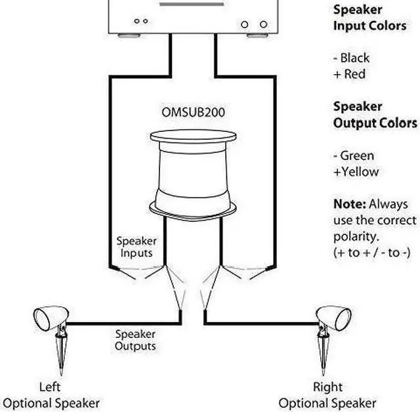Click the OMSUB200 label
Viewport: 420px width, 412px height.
tap(193, 112)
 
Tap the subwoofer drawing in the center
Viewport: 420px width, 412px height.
tap(193, 174)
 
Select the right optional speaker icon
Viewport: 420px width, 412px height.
tap(333, 318)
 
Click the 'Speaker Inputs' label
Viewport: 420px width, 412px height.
tap(136, 247)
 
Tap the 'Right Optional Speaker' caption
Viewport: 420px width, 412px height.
tap(327, 395)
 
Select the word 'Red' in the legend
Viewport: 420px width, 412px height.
tap(354, 73)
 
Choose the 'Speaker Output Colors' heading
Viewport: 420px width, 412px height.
tap(375, 114)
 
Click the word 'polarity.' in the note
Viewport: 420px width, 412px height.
tap(355, 236)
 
